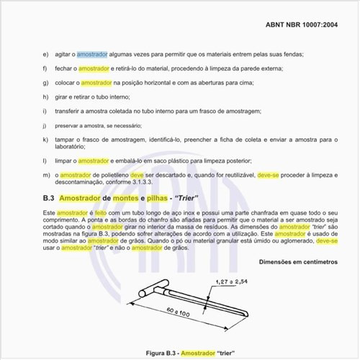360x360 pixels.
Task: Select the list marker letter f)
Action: (46, 68)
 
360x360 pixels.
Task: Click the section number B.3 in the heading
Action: (49, 197)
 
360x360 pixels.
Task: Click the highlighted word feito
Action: (101, 213)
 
